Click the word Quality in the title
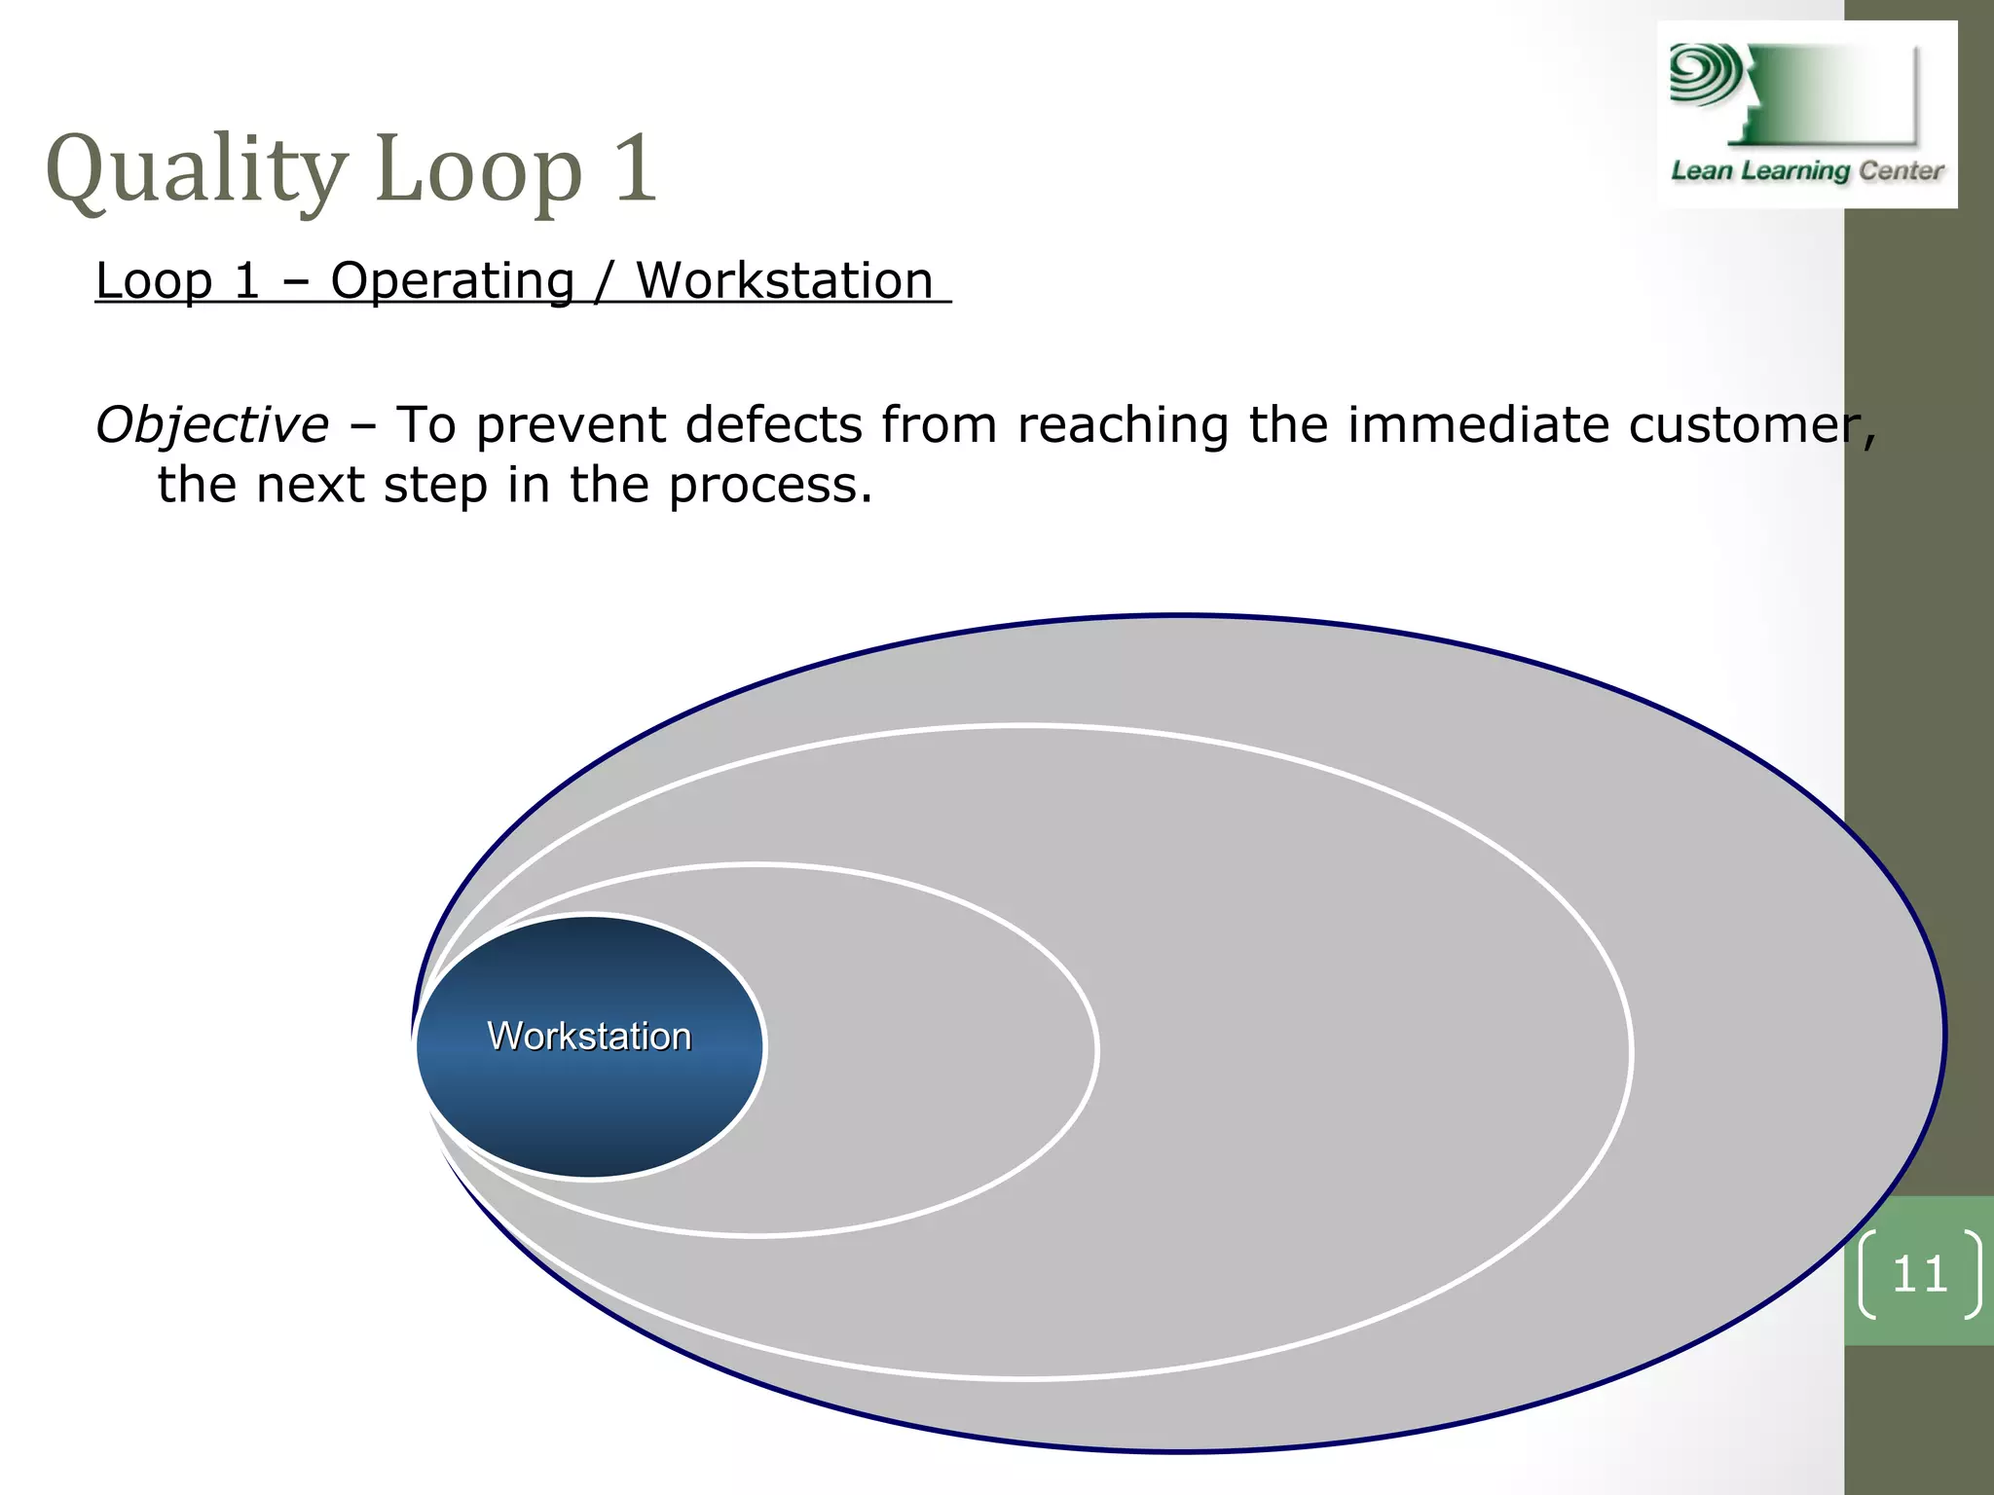click(196, 170)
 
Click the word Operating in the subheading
click(453, 281)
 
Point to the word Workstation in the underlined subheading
click(785, 281)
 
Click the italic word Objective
click(212, 426)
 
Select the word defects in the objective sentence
click(774, 425)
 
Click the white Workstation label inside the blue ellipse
click(589, 1037)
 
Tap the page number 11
click(1919, 1274)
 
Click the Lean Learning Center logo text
click(1807, 171)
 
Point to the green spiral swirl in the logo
click(1704, 74)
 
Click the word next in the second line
click(310, 486)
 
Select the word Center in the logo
click(1901, 171)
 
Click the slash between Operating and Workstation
click(605, 281)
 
